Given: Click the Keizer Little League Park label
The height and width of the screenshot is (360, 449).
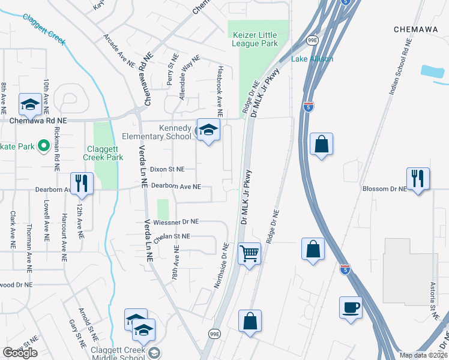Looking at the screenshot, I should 255,39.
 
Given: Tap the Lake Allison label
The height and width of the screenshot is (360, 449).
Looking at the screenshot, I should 312,59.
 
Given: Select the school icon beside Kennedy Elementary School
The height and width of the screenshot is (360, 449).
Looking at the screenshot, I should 208,130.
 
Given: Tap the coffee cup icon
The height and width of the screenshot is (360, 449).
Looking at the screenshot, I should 351,307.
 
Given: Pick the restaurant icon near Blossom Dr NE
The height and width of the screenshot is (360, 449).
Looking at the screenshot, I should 418,178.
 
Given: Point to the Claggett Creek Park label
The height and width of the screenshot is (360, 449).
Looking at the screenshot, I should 103,153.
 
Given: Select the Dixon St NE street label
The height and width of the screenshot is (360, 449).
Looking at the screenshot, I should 167,170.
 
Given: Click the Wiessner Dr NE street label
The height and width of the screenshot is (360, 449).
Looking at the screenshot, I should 176,221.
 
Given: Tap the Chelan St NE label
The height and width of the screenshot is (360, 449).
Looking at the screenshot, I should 172,238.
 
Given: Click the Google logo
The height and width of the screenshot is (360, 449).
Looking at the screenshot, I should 20,353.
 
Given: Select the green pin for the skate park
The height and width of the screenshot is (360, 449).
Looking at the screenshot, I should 43,145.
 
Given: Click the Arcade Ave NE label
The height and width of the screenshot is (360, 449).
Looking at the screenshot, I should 118,51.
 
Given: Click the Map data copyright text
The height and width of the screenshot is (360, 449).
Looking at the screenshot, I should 423,355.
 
